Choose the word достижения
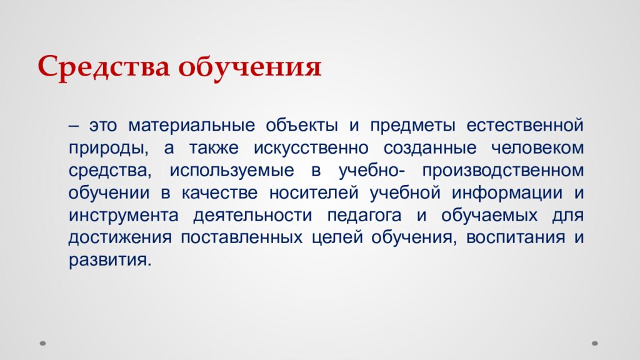point(119,237)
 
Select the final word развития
point(110,260)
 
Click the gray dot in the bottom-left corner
point(43,342)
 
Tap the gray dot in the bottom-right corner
point(595,342)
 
